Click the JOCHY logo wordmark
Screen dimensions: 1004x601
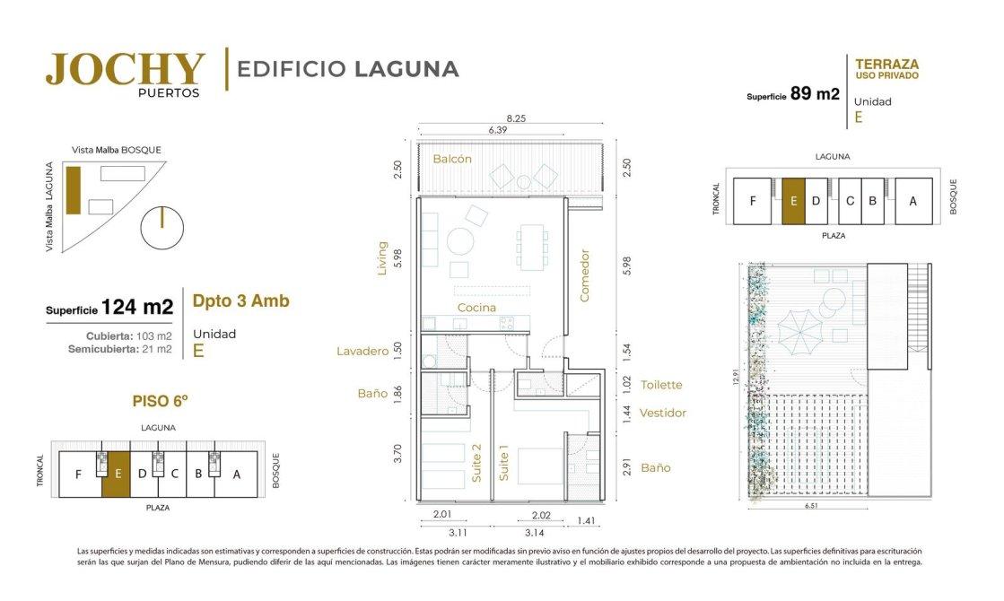126,69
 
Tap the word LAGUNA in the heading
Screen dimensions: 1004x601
406,69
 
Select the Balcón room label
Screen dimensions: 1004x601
452,159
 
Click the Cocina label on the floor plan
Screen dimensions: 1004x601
476,308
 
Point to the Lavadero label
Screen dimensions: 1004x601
362,352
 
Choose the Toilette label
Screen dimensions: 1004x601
661,385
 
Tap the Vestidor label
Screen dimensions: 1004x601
663,413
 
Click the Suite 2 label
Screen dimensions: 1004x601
476,463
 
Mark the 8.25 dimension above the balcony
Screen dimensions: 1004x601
516,118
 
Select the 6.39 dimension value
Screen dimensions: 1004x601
498,130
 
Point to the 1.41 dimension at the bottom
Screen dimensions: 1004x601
586,521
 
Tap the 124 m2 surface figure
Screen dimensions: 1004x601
137,307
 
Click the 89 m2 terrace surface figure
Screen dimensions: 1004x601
815,93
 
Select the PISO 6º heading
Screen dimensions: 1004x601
160,401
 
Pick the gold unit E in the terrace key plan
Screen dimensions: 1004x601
793,201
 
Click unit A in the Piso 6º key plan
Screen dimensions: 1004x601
237,475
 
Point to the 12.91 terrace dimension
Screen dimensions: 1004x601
737,377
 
